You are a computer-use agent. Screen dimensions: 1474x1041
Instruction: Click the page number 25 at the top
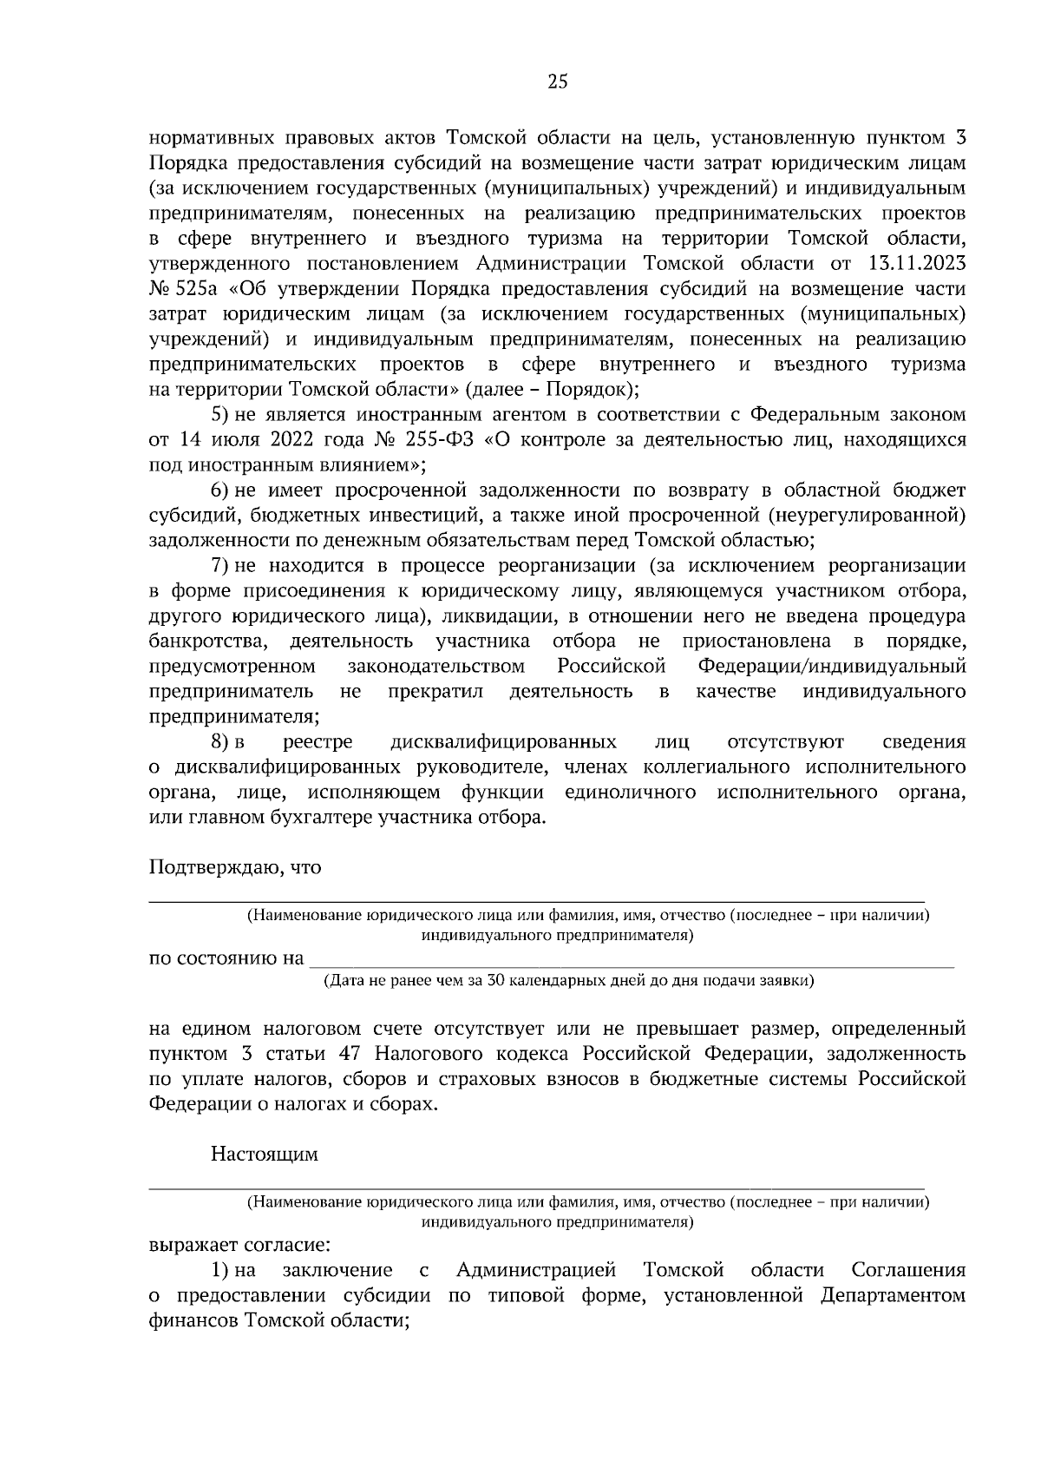pyautogui.click(x=558, y=82)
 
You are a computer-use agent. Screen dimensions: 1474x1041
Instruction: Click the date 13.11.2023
pyautogui.click(x=916, y=264)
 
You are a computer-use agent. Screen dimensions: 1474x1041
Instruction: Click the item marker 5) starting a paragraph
pyautogui.click(x=220, y=415)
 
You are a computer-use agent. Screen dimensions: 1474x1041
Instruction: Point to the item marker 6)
pyautogui.click(x=220, y=490)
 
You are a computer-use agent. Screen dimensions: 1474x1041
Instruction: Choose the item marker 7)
pyautogui.click(x=220, y=566)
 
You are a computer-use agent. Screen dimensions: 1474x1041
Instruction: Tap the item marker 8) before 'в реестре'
pyautogui.click(x=220, y=742)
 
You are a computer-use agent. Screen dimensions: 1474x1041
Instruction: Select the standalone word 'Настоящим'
pyautogui.click(x=265, y=1155)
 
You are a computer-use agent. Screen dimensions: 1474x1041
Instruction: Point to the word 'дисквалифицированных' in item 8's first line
pyautogui.click(x=503, y=742)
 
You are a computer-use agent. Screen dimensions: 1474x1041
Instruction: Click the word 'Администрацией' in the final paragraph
pyautogui.click(x=536, y=1271)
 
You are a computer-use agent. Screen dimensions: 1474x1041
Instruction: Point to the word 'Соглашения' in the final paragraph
pyautogui.click(x=908, y=1271)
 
